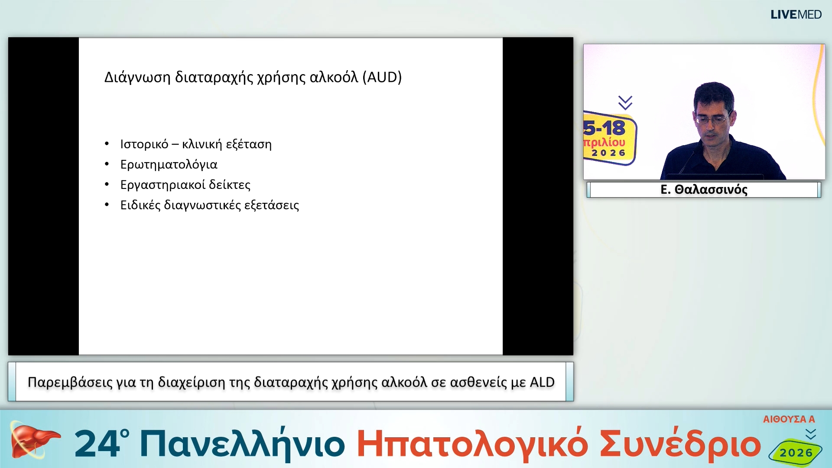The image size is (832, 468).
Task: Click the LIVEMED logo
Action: pos(796,15)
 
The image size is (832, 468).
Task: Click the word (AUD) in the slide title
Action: pos(382,77)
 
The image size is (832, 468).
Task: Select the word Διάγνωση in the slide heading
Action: pos(137,77)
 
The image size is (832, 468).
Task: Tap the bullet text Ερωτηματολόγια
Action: pos(169,165)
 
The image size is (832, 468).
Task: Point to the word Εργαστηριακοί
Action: pos(162,185)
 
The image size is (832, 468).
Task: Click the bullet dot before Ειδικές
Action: pos(107,205)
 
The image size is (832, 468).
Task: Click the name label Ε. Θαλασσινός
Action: pos(704,190)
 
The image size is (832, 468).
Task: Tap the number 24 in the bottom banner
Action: pos(98,444)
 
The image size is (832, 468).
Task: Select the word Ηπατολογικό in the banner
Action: pos(472,445)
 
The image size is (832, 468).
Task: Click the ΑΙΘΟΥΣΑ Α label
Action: pos(789,419)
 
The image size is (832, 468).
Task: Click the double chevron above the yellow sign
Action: pos(625,103)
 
